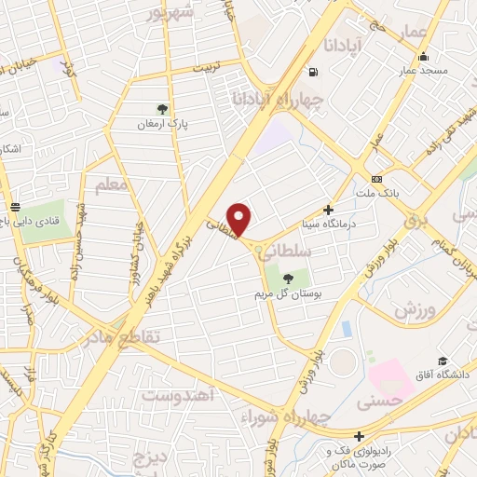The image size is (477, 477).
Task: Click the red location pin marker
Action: (x=239, y=219)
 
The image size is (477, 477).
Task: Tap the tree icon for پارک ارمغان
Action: (x=164, y=109)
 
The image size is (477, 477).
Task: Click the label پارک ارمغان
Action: (x=164, y=124)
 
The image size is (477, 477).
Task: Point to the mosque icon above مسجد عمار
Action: (x=424, y=55)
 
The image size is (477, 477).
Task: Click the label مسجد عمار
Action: (x=424, y=70)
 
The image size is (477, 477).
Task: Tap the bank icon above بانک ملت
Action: (x=375, y=179)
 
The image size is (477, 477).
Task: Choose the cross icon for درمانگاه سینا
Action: (x=327, y=210)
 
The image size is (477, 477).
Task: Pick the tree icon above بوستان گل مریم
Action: (x=287, y=278)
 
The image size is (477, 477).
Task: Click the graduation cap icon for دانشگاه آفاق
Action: (x=443, y=361)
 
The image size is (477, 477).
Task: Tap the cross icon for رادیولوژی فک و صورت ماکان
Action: (x=359, y=435)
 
